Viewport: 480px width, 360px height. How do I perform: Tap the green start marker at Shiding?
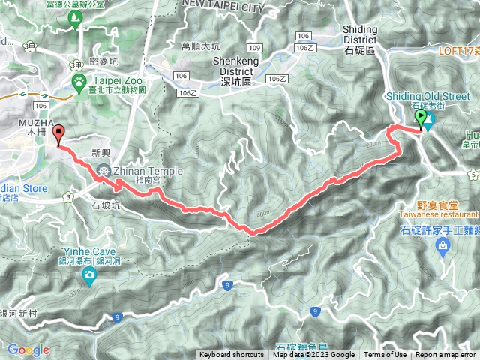click(x=421, y=118)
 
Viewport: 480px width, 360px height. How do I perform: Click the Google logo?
click(x=28, y=349)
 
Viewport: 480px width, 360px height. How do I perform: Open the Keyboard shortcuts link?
click(x=231, y=355)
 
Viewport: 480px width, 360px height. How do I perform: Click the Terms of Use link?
click(x=385, y=355)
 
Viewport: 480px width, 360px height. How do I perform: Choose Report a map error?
click(x=445, y=355)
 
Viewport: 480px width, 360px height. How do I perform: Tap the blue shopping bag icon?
click(x=444, y=244)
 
